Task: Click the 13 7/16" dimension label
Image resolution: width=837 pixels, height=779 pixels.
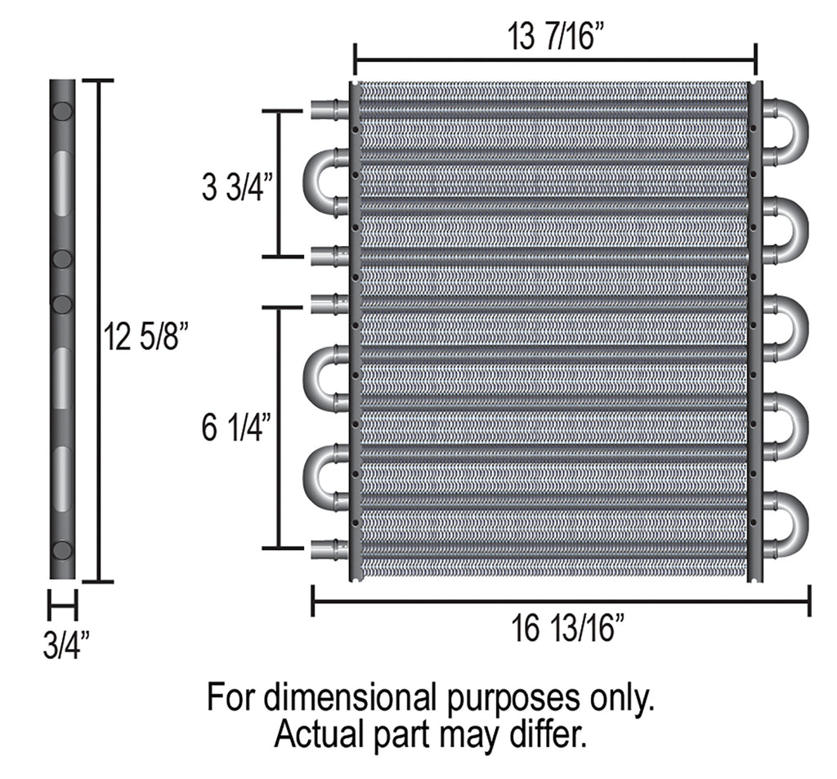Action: point(555,38)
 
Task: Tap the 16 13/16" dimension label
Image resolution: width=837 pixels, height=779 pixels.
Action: point(569,630)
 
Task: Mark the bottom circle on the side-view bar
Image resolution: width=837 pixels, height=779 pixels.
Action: point(62,548)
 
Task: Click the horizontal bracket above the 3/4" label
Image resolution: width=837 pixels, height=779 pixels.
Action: point(62,607)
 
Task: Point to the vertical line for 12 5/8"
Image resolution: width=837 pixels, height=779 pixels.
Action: point(100,331)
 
